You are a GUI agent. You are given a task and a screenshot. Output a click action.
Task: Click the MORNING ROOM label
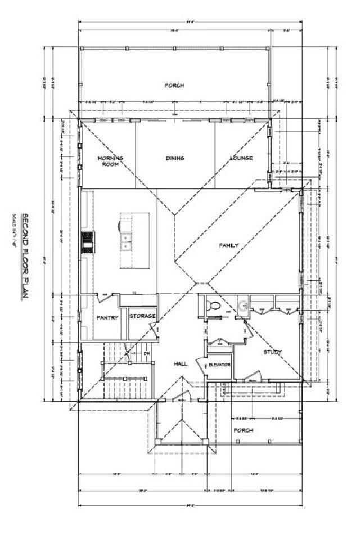click(x=110, y=161)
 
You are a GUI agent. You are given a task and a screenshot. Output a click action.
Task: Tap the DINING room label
click(x=175, y=158)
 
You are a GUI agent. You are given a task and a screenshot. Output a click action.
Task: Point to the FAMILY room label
click(x=229, y=246)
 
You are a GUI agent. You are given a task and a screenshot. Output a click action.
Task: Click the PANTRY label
click(x=107, y=317)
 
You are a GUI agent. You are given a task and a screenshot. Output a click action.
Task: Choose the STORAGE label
click(x=142, y=316)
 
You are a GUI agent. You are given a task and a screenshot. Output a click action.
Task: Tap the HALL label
click(x=180, y=365)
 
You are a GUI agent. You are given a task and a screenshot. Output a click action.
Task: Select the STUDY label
click(x=272, y=353)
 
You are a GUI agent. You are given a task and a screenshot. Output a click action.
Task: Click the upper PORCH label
click(x=174, y=86)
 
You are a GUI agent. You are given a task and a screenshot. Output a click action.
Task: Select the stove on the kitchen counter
click(x=88, y=242)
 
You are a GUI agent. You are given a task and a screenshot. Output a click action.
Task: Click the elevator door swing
click(x=201, y=366)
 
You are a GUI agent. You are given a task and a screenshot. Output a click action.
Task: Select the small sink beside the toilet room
click(x=243, y=306)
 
